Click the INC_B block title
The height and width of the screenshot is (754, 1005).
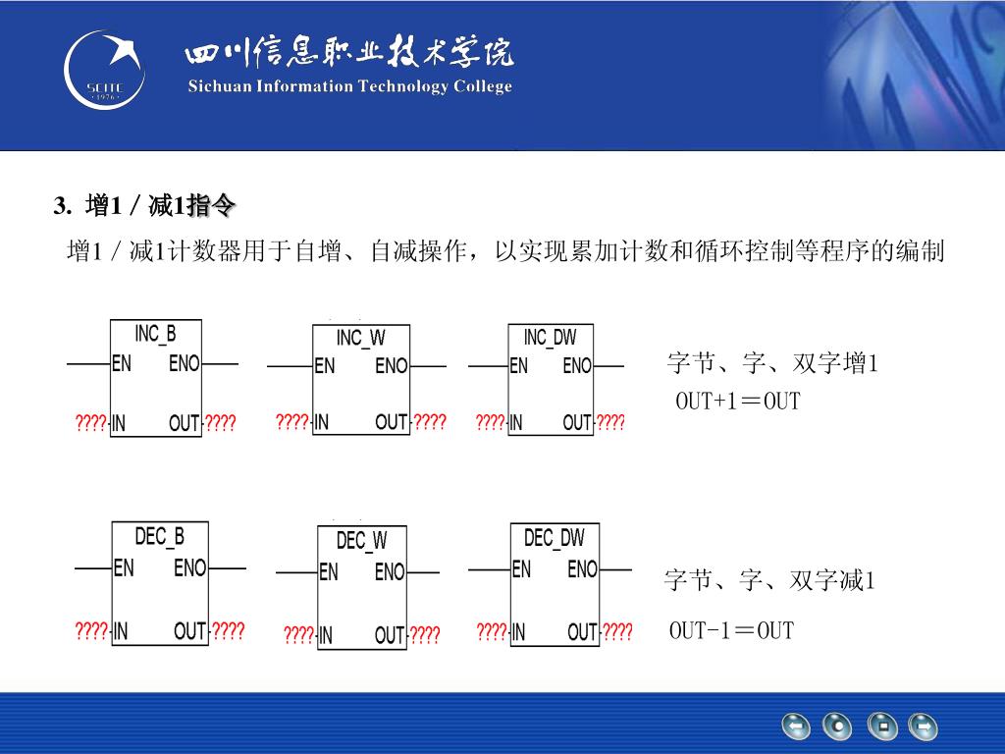click(155, 334)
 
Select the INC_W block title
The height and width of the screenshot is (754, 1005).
click(360, 339)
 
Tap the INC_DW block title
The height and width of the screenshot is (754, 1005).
click(550, 339)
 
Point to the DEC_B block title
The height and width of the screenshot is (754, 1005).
click(159, 537)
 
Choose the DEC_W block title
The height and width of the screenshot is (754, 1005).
click(361, 541)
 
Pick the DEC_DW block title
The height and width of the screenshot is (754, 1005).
click(554, 538)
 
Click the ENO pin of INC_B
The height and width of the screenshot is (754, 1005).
click(184, 364)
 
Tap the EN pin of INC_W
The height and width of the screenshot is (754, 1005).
click(324, 366)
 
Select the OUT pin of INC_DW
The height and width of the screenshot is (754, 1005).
click(577, 423)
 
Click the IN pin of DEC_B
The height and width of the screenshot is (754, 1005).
click(120, 631)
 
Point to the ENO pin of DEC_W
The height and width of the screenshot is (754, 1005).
click(390, 571)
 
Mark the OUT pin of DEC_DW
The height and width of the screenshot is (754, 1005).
click(582, 632)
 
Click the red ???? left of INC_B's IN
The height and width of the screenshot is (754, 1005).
click(91, 423)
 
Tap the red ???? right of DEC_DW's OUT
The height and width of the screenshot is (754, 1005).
click(617, 632)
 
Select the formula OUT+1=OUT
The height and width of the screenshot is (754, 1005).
click(737, 402)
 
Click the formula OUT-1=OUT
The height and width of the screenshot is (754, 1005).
click(731, 630)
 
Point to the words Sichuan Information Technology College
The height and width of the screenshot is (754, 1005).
click(349, 86)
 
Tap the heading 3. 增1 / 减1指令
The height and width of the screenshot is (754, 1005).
click(144, 206)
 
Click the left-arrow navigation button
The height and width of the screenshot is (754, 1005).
click(795, 727)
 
